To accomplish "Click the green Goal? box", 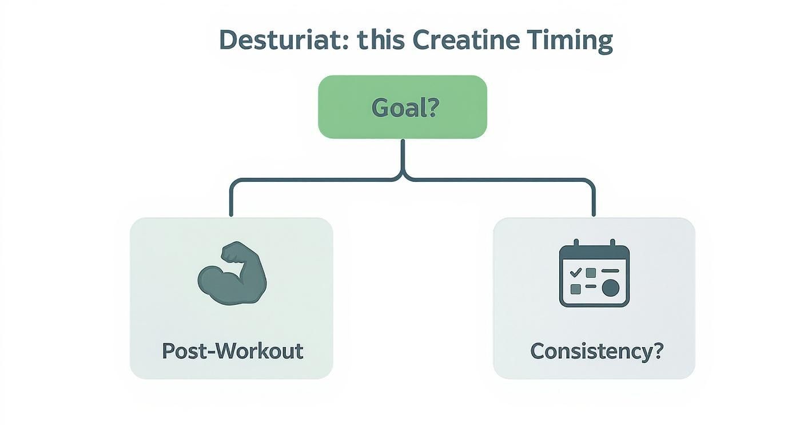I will (x=402, y=107).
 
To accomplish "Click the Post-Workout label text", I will (x=232, y=351).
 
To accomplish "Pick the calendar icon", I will (x=594, y=273).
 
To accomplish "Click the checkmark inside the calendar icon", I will (x=575, y=272).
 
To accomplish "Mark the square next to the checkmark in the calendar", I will (x=591, y=273).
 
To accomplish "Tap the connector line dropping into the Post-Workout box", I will (x=231, y=200).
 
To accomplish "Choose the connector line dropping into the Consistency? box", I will (x=594, y=200).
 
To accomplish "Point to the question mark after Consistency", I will (x=657, y=351).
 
